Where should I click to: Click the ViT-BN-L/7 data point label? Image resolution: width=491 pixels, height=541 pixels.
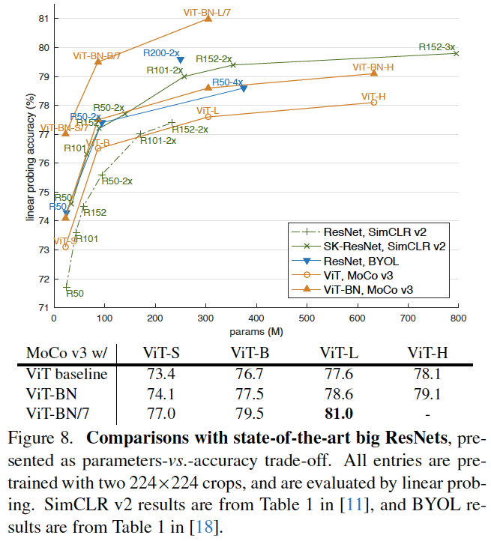point(208,12)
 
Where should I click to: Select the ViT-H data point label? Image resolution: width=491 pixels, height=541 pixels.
point(373,96)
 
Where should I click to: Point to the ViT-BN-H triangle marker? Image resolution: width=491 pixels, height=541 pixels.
point(373,73)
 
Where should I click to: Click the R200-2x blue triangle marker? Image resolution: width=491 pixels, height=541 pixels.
point(181,60)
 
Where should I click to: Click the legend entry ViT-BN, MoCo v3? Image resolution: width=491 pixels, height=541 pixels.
point(379,288)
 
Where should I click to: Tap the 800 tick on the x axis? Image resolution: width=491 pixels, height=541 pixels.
point(457,318)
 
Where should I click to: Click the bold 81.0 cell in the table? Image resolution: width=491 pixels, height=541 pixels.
point(337,411)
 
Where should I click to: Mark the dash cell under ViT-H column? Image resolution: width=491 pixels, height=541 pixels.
point(427,411)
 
